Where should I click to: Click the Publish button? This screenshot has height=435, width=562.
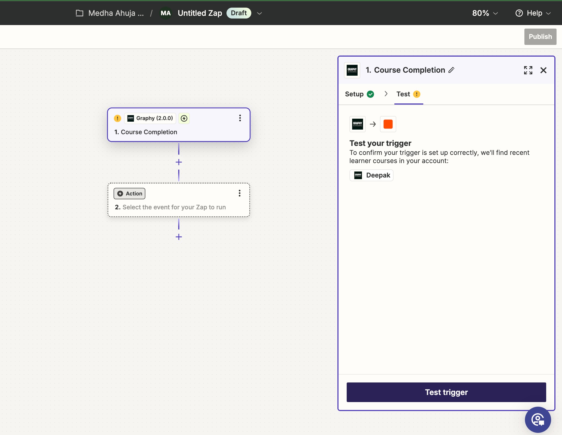click(540, 37)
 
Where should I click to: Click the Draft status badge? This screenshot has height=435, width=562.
click(238, 13)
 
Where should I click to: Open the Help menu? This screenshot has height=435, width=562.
click(533, 13)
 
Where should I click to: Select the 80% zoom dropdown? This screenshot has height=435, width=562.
click(485, 13)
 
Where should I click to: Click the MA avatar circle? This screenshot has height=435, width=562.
click(165, 13)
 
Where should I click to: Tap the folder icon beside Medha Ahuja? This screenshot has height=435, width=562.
click(79, 13)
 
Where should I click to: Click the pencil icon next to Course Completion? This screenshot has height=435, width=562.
click(451, 70)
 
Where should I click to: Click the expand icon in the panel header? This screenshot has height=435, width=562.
click(528, 70)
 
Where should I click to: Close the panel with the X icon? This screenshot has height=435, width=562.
click(543, 70)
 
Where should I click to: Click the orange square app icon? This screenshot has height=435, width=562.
click(388, 124)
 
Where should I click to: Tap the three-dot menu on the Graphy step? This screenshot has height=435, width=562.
click(240, 118)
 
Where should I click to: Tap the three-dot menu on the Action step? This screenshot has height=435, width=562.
click(239, 193)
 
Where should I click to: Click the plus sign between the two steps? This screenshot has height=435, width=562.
click(179, 162)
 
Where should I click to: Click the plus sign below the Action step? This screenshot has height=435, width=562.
click(179, 237)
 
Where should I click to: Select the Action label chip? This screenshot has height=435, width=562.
click(129, 194)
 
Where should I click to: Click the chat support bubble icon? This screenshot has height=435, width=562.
click(537, 419)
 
